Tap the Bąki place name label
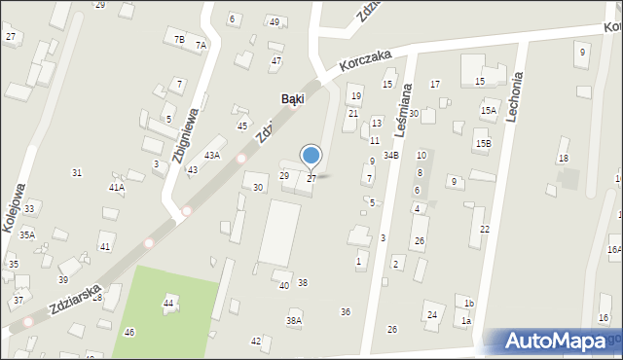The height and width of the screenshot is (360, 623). [x=292, y=98]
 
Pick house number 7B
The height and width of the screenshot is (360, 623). [x=179, y=39]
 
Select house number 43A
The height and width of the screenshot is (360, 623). [x=211, y=155]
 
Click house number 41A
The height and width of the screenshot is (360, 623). [x=117, y=187]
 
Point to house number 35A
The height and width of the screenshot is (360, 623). [x=27, y=234]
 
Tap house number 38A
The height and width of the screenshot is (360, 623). [x=293, y=320]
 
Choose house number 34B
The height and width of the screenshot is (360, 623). [x=390, y=155]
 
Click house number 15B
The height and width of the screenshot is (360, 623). [x=484, y=144]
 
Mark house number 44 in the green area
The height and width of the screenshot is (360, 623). [x=168, y=304]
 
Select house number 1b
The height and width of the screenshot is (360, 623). [x=468, y=304]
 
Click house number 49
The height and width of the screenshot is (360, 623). [x=275, y=21]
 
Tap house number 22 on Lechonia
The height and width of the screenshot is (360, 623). [x=484, y=229]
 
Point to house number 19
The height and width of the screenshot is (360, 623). [x=356, y=95]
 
